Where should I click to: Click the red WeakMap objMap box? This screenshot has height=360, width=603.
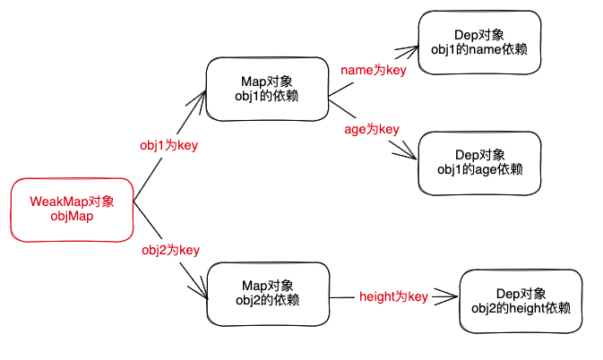72,209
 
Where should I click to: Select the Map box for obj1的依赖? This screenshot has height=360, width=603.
266,90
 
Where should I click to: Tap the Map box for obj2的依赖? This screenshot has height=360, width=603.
266,294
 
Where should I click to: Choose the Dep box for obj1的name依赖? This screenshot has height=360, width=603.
478,42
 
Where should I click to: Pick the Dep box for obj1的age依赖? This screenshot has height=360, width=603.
479,162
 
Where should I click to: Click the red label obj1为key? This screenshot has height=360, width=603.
169,145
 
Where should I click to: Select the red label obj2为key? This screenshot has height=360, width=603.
170,250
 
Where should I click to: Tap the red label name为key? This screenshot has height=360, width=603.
373,69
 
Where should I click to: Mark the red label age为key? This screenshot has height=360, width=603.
371,129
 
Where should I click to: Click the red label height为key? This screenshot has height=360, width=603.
393,296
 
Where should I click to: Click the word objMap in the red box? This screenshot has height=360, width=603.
72,216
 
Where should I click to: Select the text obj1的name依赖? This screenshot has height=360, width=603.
478,49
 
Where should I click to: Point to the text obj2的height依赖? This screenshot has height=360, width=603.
520,308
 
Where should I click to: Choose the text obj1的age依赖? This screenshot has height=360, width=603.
479,169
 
